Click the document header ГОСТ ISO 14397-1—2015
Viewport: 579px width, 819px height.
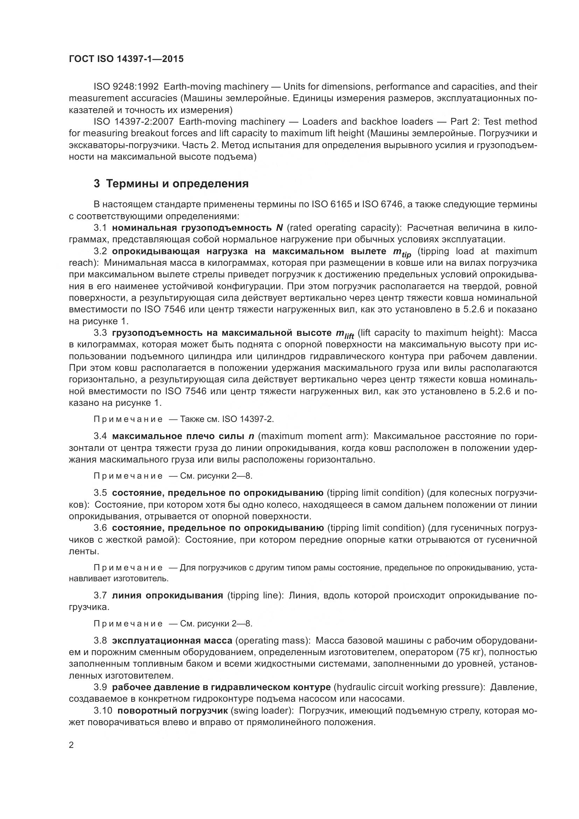pyautogui.click(x=126, y=59)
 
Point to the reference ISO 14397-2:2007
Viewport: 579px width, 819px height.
pyautogui.click(x=133, y=122)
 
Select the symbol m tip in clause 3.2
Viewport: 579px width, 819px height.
pyautogui.click(x=402, y=252)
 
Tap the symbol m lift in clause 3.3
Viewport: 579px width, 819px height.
pyautogui.click(x=344, y=334)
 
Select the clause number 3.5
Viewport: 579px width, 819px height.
pyautogui.click(x=100, y=493)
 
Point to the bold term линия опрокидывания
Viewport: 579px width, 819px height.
pyautogui.click(x=167, y=595)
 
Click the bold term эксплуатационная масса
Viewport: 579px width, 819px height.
pyautogui.click(x=172, y=641)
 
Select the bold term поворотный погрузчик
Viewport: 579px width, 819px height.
pyautogui.click(x=173, y=710)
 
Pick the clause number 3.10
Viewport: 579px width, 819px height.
pyautogui.click(x=103, y=710)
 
